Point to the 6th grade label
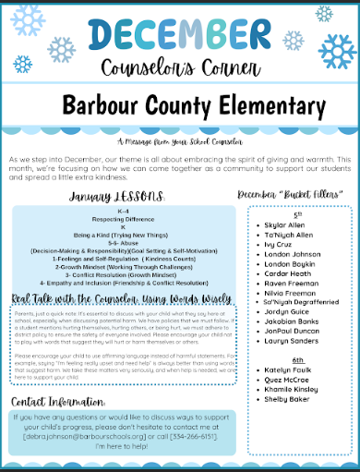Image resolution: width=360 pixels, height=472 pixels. tap(297, 358)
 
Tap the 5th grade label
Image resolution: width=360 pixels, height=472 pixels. tap(297, 212)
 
